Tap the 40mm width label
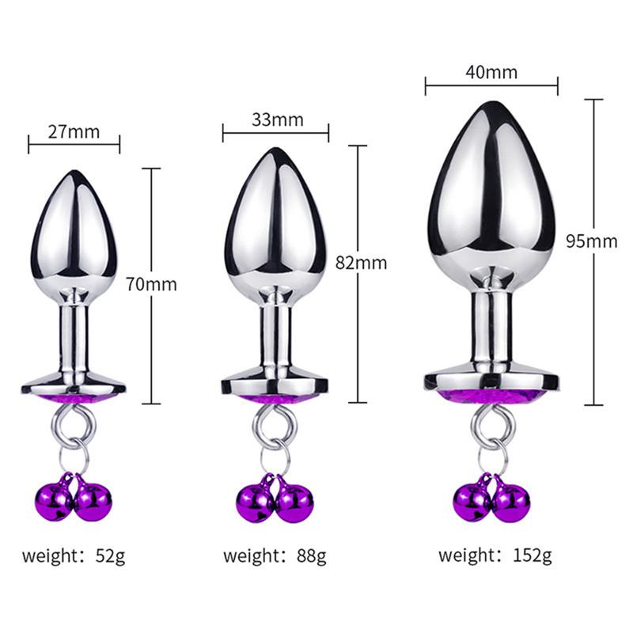pyautogui.click(x=491, y=73)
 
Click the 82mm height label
pyautogui.click(x=361, y=263)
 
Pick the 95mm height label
pyautogui.click(x=592, y=241)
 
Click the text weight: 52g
pyautogui.click(x=74, y=555)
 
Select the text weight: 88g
pyautogui.click(x=275, y=555)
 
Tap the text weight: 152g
pyautogui.click(x=497, y=555)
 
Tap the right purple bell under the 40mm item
pyautogui.click(x=510, y=502)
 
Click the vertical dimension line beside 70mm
pyautogui.click(x=151, y=237)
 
